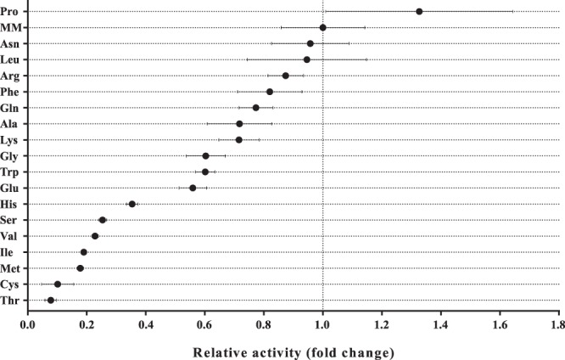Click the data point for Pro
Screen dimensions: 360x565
point(419,11)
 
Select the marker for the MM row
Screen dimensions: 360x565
point(323,27)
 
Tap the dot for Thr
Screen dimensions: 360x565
point(51,300)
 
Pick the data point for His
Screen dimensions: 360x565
point(132,204)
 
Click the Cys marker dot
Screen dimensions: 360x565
point(58,284)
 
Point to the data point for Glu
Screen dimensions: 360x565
point(193,188)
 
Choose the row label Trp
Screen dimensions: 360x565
point(11,172)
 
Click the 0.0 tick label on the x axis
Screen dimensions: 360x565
point(29,323)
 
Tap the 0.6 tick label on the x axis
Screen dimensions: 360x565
point(205,323)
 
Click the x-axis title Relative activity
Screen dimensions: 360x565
point(293,351)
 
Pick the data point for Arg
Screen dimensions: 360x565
point(286,76)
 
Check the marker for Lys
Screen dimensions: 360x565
point(239,139)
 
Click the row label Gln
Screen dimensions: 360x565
point(11,108)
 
